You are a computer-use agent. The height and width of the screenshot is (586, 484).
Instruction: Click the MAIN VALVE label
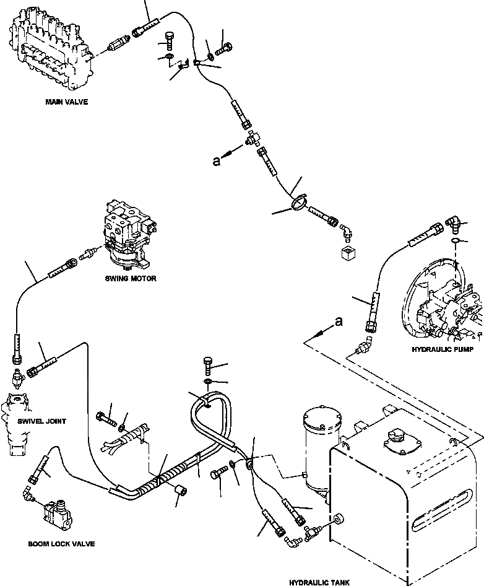pyautogui.click(x=67, y=102)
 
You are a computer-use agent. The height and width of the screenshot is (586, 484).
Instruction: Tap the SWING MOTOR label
pyautogui.click(x=131, y=278)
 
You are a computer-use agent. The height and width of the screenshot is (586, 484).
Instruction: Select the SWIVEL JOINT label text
pyautogui.click(x=42, y=421)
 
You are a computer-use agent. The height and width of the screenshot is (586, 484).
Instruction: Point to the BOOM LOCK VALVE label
pyautogui.click(x=61, y=544)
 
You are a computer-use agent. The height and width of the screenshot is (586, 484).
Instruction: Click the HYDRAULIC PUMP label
pyautogui.click(x=443, y=349)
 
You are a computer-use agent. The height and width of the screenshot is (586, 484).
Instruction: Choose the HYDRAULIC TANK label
pyautogui.click(x=319, y=582)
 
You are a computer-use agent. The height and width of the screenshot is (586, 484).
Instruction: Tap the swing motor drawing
pyautogui.click(x=129, y=236)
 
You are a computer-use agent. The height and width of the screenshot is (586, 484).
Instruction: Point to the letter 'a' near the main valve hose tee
pyautogui.click(x=216, y=160)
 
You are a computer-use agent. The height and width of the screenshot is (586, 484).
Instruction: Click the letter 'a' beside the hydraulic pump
pyautogui.click(x=339, y=321)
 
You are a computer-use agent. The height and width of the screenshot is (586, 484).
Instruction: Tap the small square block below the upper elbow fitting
pyautogui.click(x=348, y=253)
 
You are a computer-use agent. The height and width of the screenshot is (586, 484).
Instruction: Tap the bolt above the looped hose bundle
pyautogui.click(x=208, y=366)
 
